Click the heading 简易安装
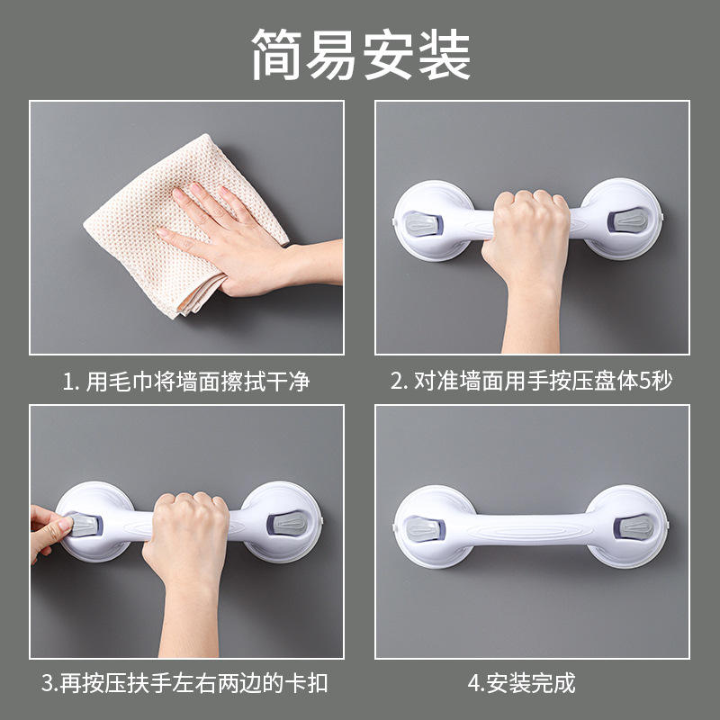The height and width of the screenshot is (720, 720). coord(361,54)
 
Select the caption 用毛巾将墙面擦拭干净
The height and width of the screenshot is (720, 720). coord(197,381)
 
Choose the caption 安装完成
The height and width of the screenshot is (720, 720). coord(531,683)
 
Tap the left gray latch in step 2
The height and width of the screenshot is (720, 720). coord(423,223)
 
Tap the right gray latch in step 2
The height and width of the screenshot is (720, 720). coord(627,220)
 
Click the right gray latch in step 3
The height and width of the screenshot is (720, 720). coord(287,524)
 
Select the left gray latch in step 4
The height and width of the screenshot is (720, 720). coord(425,528)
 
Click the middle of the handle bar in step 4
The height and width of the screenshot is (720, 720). coord(529,528)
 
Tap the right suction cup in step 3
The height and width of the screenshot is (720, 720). coord(282,522)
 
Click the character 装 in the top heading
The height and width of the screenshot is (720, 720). coord(444,54)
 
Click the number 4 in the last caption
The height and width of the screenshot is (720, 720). coord(474,683)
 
